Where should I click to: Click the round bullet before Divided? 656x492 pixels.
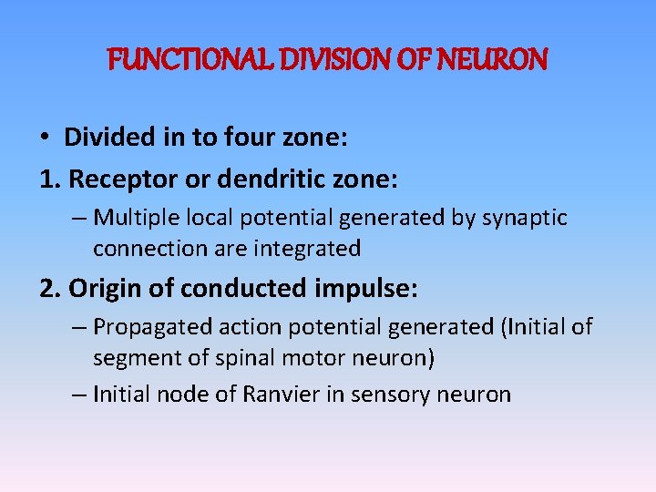click(x=45, y=138)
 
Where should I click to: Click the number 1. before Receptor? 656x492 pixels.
click(x=50, y=179)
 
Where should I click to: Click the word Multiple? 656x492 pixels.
click(x=134, y=218)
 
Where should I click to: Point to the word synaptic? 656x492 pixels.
click(x=524, y=218)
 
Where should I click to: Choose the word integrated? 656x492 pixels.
click(x=307, y=248)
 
